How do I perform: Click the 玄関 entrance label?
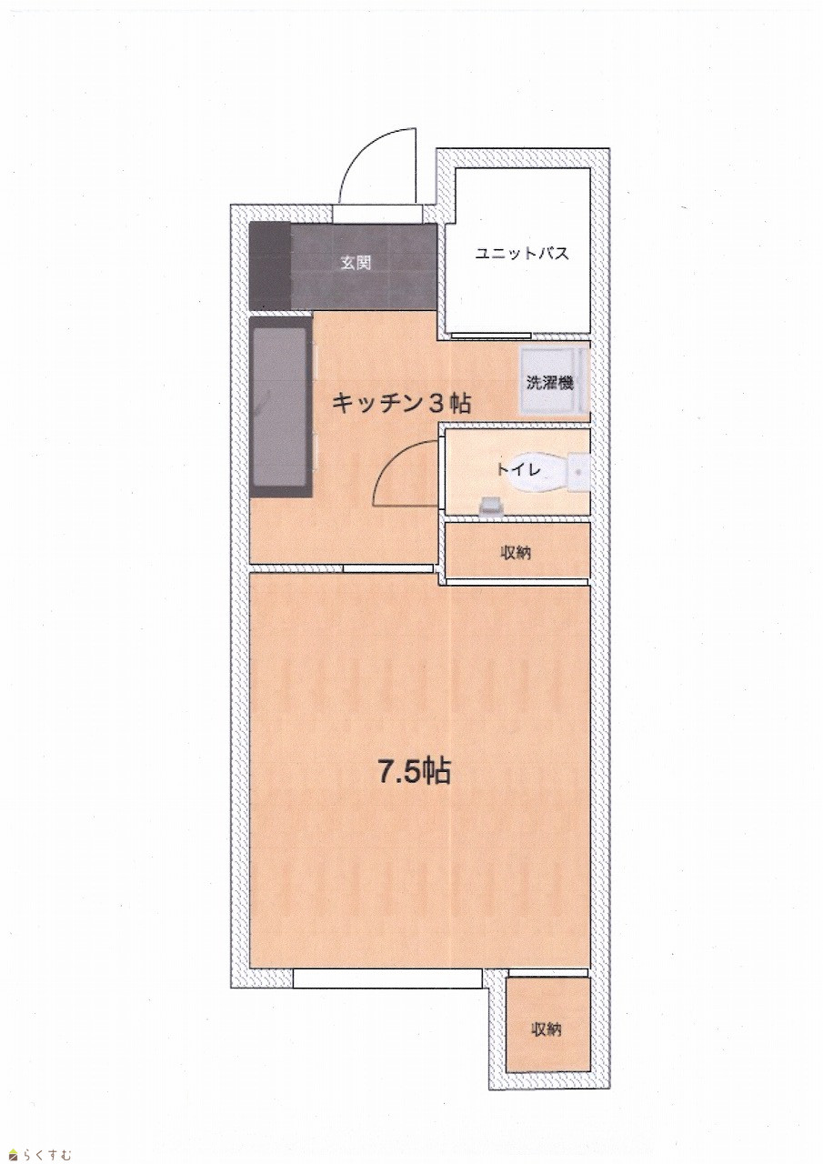(356, 263)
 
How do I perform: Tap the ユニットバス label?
(522, 254)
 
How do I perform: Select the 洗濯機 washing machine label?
(549, 383)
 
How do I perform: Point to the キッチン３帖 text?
(401, 403)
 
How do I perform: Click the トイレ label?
(519, 470)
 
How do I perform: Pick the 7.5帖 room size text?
(414, 772)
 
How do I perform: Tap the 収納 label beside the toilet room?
(516, 553)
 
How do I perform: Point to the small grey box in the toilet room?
(491, 505)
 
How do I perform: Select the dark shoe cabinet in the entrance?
(270, 266)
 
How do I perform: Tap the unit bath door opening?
(492, 336)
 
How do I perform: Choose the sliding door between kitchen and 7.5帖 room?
(388, 568)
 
